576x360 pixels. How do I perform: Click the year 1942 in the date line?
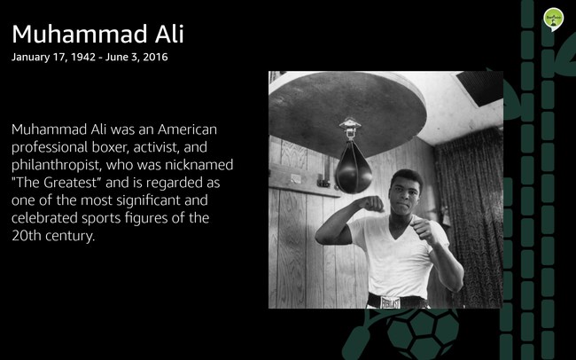[83, 57]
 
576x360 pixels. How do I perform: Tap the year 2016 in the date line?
[155, 57]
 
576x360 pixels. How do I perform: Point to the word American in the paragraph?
[187, 129]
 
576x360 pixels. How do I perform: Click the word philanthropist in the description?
[56, 165]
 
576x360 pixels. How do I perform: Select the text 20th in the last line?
[26, 236]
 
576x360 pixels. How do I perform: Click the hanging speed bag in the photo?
[354, 168]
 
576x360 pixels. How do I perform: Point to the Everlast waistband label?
[390, 302]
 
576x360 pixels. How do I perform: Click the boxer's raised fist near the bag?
[371, 204]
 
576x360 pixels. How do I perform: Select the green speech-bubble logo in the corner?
[554, 20]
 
